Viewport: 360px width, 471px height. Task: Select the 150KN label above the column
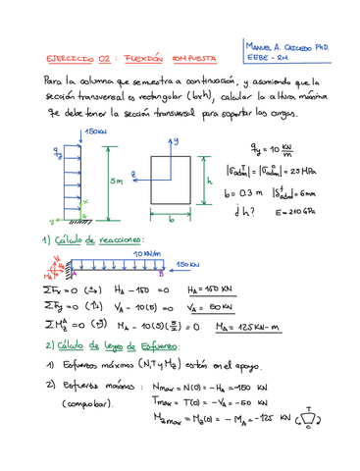(x=96, y=131)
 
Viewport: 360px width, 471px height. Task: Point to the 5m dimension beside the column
(x=115, y=180)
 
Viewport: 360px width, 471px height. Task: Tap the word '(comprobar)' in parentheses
(x=88, y=404)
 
